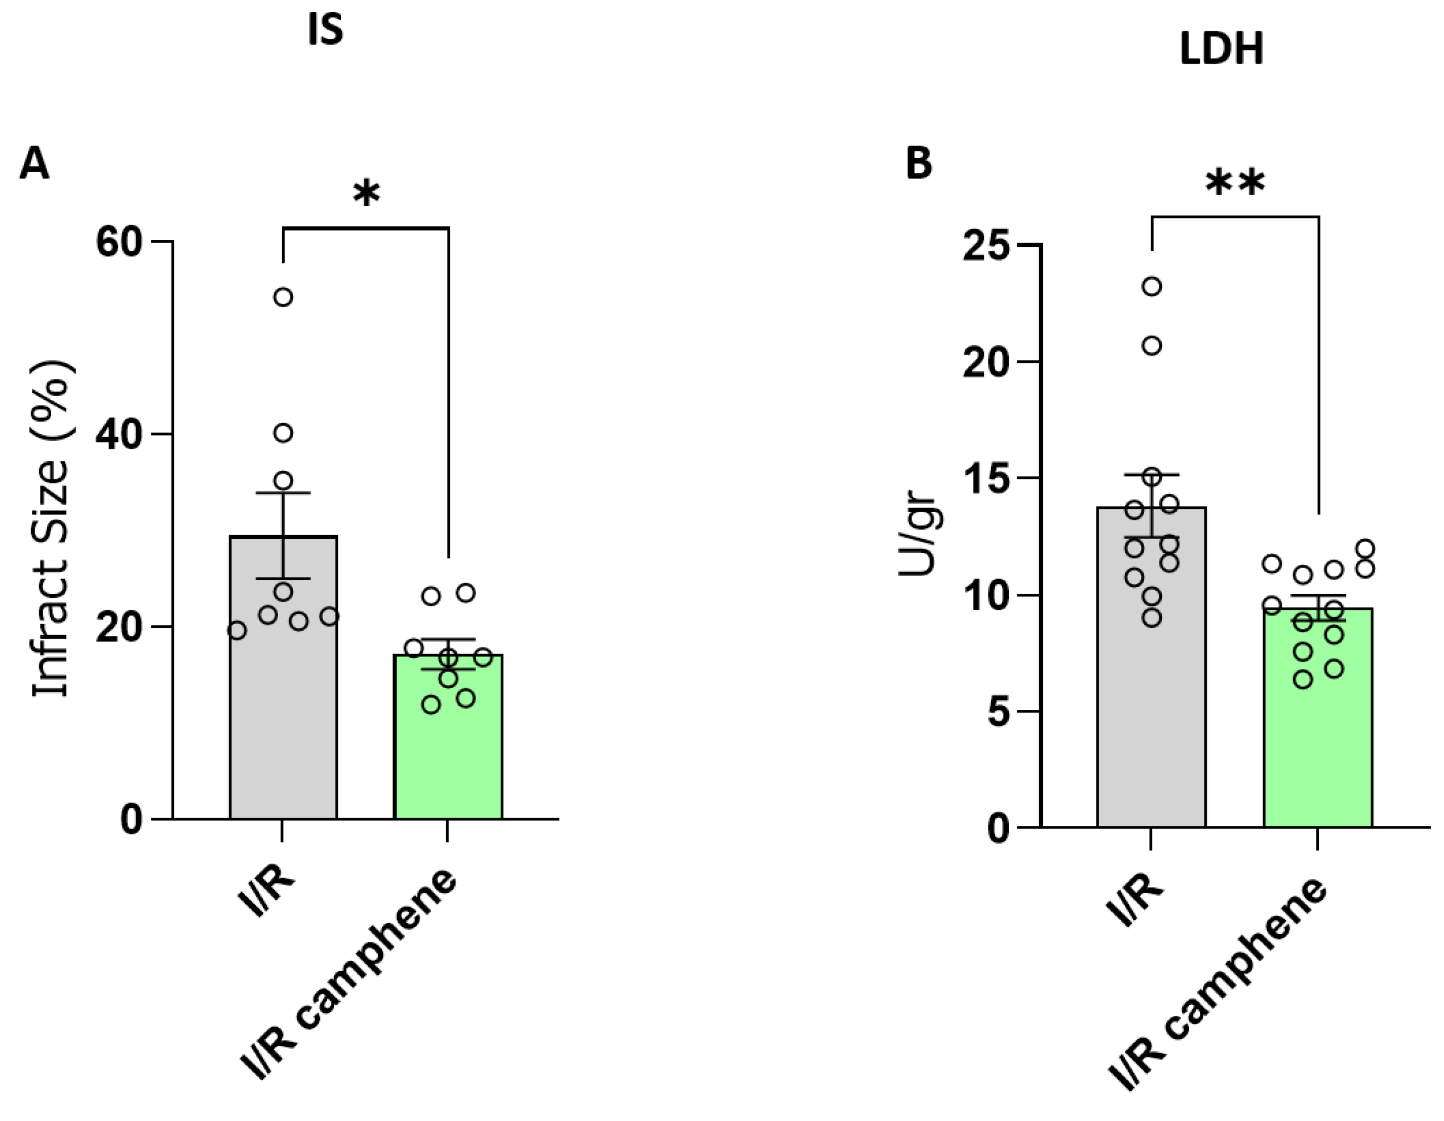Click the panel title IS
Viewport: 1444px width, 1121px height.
[x=325, y=32]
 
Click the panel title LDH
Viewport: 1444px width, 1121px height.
[x=1221, y=49]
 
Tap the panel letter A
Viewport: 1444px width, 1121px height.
[x=34, y=163]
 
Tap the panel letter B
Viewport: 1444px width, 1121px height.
[x=919, y=163]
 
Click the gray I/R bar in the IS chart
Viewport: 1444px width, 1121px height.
[x=283, y=714]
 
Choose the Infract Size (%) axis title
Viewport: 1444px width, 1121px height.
[x=52, y=529]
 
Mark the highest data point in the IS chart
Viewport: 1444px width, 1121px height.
[x=283, y=297]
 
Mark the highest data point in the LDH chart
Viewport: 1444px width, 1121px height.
[x=1152, y=287]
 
